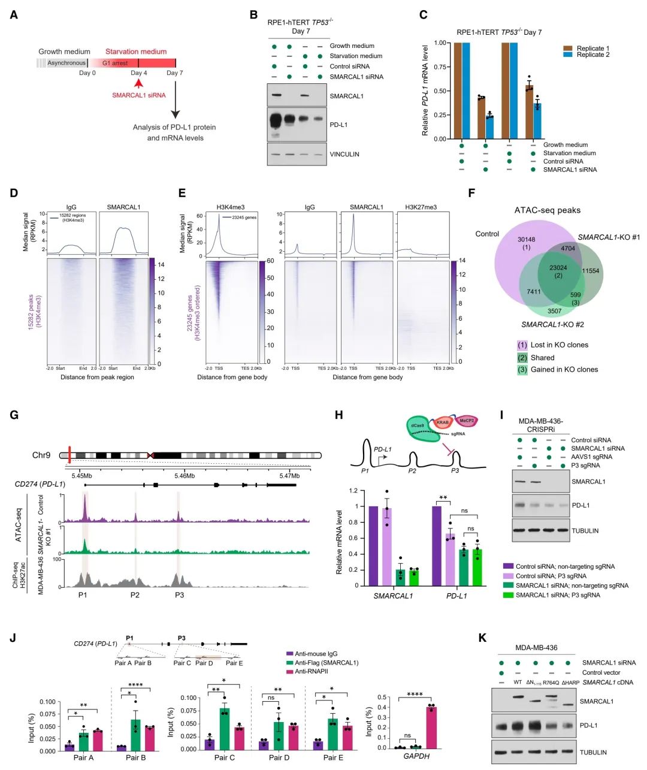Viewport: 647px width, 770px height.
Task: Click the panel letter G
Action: click(x=14, y=415)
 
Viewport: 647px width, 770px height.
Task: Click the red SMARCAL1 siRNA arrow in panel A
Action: click(x=138, y=84)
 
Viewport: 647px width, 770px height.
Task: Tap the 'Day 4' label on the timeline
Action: click(x=138, y=73)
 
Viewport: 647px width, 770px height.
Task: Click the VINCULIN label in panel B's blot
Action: click(x=344, y=154)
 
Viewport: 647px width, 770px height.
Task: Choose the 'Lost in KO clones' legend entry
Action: click(x=559, y=345)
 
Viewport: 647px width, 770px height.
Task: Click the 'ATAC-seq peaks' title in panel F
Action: click(x=548, y=210)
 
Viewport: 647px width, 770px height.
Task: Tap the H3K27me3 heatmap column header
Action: click(x=421, y=207)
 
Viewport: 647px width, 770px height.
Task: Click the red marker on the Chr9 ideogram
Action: click(x=70, y=455)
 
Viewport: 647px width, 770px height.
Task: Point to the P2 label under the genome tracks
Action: click(x=135, y=595)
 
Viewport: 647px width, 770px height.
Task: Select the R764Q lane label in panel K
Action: click(x=551, y=683)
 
